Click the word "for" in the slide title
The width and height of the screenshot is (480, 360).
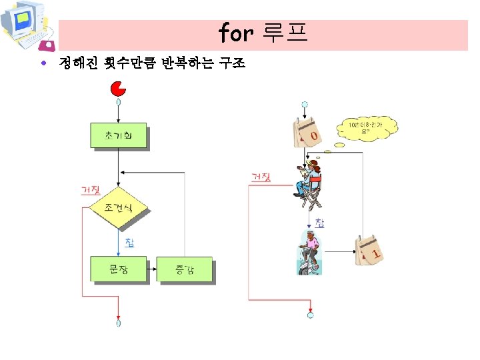236,32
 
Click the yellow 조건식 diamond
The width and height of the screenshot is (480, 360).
118,208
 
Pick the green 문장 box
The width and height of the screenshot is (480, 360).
118,269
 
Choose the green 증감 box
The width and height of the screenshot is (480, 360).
184,269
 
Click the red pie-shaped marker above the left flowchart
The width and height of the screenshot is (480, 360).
118,88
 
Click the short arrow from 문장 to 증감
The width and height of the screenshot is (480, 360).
151,269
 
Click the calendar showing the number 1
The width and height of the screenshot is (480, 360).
369,251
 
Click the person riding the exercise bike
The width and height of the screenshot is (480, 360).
309,253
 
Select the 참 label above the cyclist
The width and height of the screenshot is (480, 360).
320,223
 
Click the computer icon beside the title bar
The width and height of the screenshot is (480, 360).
27,26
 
